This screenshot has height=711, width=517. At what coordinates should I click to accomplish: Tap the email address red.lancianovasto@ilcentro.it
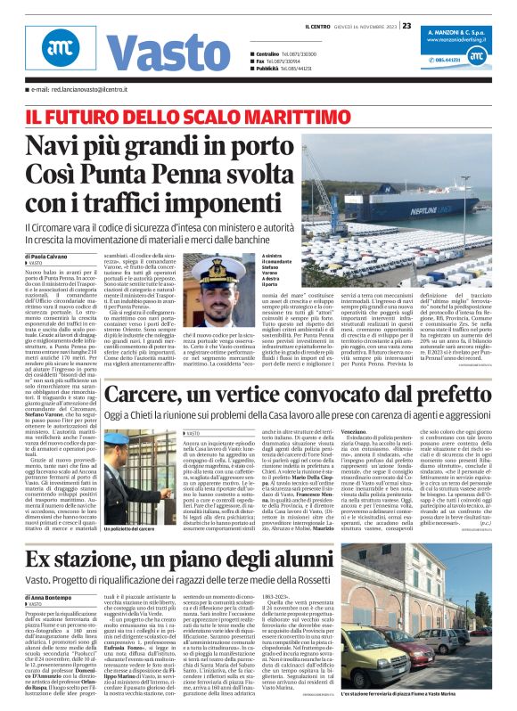coord(77,90)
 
